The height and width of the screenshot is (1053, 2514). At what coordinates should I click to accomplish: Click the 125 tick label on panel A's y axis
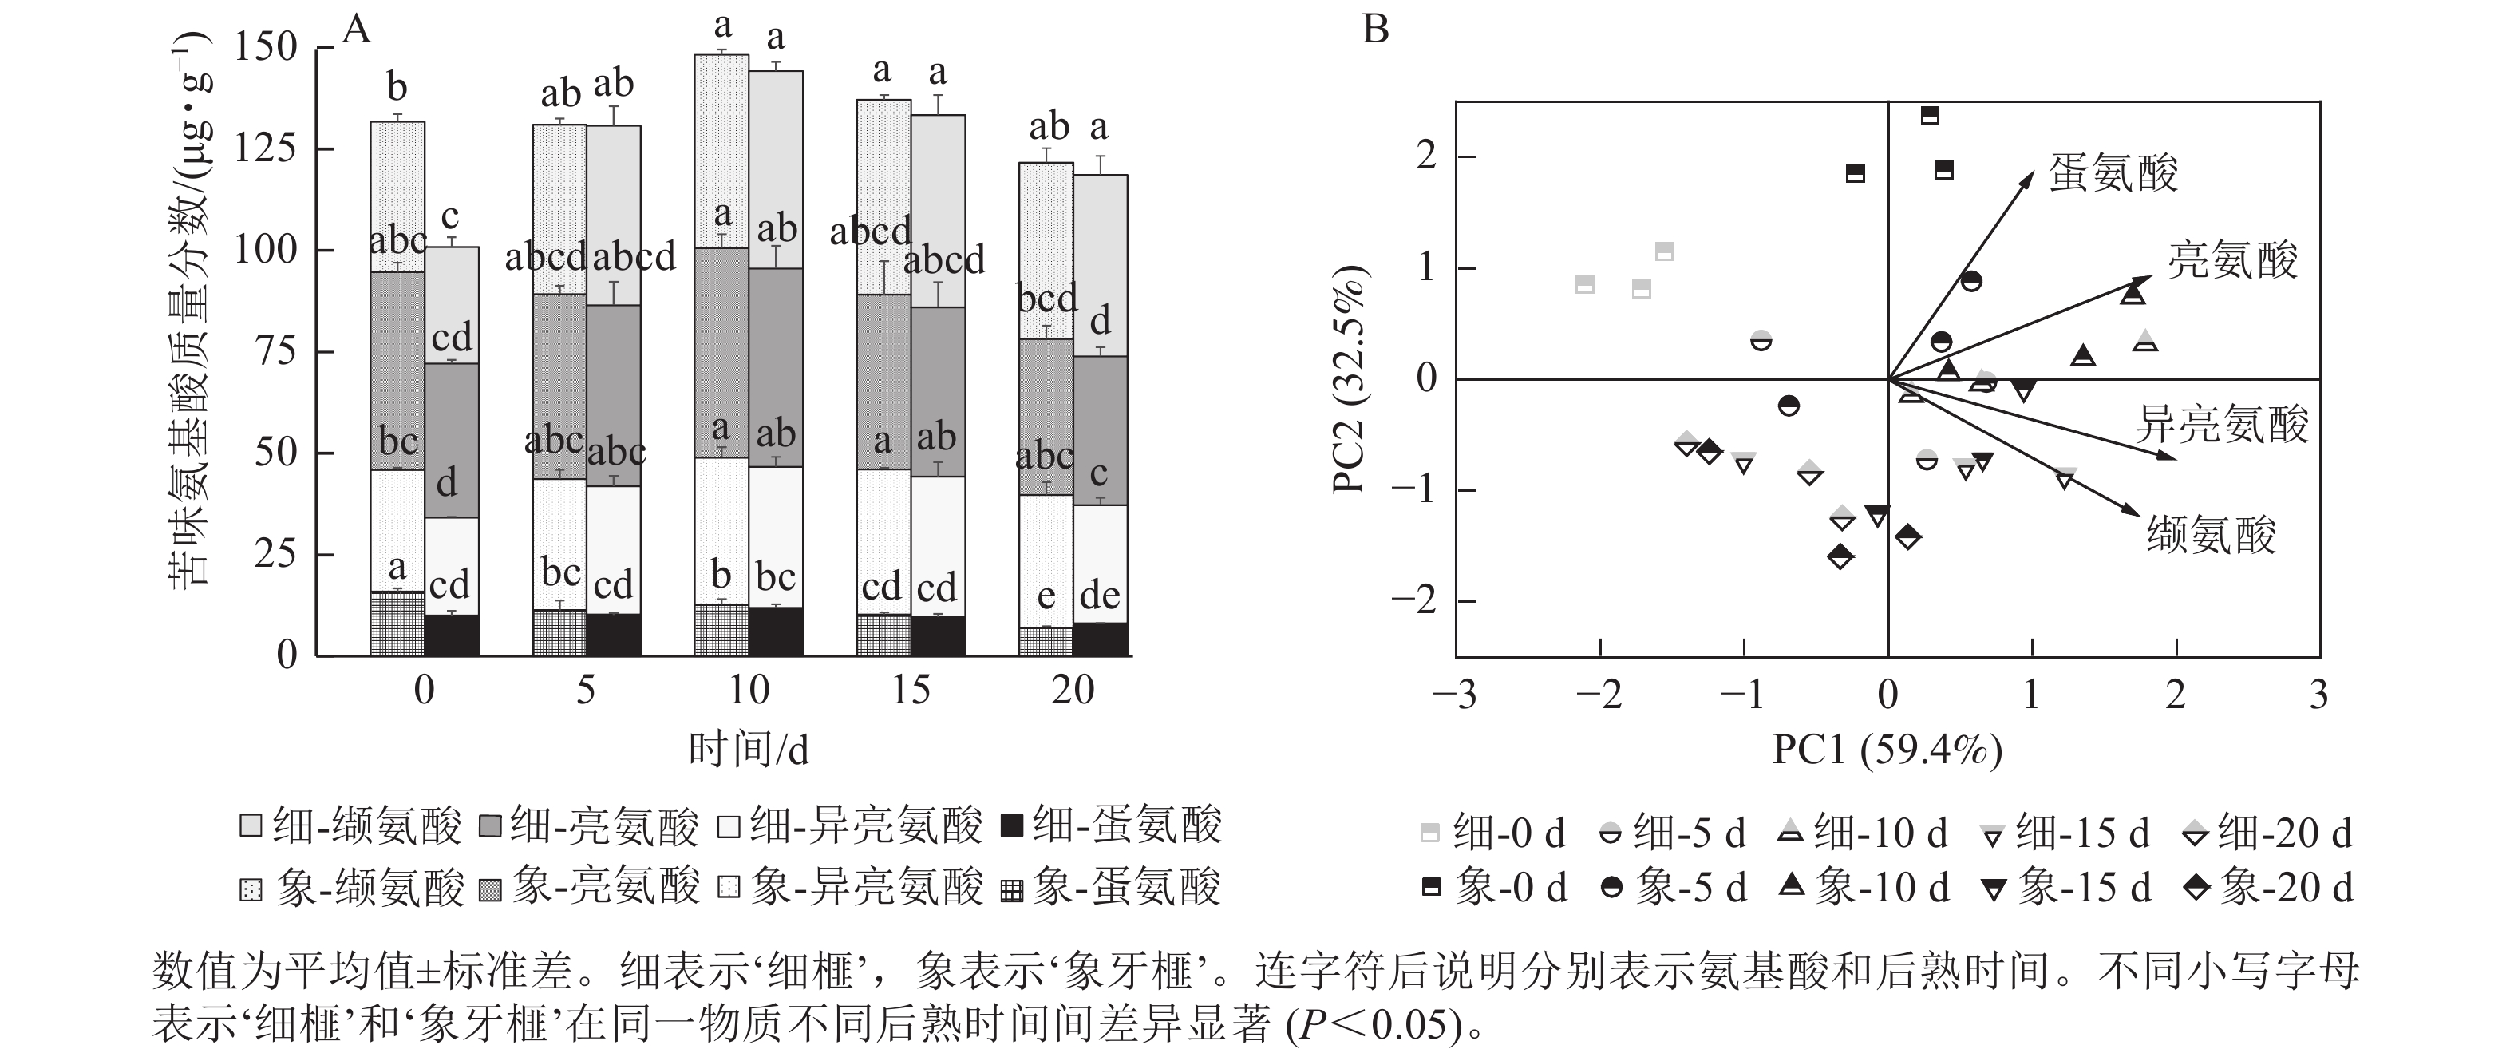coord(266,148)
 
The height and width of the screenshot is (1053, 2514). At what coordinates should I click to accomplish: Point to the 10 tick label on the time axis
coord(749,691)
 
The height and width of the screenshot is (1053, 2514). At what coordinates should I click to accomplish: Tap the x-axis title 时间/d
coord(749,750)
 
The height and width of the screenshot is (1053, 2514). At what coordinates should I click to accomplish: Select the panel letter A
coord(358,30)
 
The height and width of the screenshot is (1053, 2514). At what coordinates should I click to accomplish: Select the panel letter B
coord(1375,30)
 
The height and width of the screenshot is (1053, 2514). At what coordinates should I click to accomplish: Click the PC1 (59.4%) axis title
coord(1887,750)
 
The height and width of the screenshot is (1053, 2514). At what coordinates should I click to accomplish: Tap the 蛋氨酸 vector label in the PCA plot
coord(2113,174)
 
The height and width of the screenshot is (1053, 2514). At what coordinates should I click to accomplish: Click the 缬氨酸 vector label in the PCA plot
coord(2212,536)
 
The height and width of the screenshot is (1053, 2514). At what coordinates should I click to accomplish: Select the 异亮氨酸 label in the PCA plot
coord(2221,425)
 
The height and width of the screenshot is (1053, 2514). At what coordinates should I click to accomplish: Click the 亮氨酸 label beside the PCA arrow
coord(2233,260)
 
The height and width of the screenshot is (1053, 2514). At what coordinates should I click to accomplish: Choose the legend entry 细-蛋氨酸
coord(1113,825)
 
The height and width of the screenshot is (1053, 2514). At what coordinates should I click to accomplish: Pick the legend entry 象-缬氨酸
coord(352,888)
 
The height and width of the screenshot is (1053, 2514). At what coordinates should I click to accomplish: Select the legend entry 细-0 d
coord(1493,833)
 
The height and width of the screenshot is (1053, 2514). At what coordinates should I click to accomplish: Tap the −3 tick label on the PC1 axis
coord(1453,695)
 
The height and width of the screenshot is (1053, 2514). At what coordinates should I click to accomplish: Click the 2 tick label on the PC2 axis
coord(1427,156)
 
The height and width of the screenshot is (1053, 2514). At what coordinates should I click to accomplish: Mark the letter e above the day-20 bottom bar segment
coord(1046,596)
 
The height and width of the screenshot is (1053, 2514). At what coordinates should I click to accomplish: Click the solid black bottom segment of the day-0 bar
coord(452,635)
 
